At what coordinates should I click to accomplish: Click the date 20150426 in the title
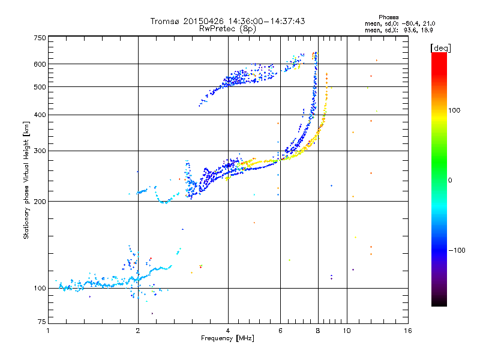click(203, 21)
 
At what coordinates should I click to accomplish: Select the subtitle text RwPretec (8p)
click(227, 29)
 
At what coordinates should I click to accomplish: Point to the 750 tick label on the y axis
click(40, 38)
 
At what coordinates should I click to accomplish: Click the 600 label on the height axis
click(40, 64)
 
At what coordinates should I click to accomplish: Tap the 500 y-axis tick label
click(40, 87)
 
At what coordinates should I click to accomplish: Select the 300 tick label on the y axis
click(40, 151)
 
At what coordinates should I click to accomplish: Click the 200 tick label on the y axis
click(40, 202)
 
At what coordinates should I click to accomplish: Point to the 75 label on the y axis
click(42, 322)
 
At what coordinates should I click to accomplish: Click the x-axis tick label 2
click(138, 331)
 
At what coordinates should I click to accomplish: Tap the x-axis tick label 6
click(280, 331)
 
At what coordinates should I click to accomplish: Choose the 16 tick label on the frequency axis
click(408, 331)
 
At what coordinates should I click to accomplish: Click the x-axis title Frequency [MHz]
click(227, 338)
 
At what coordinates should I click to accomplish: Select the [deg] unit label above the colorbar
click(440, 48)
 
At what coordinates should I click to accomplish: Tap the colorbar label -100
click(457, 250)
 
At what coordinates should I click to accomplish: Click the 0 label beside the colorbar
click(450, 181)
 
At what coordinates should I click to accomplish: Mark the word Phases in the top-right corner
click(388, 17)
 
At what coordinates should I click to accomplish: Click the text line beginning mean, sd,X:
click(399, 31)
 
